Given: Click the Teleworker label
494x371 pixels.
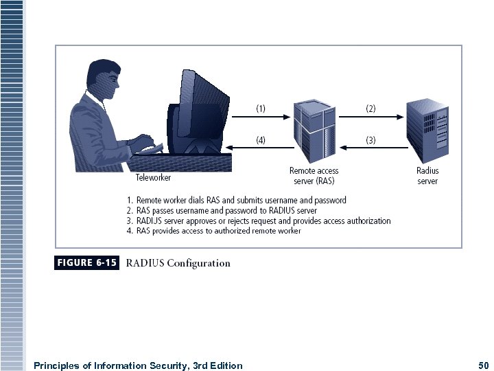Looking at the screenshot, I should click(153, 177).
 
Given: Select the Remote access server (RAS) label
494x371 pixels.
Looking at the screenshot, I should click(314, 176).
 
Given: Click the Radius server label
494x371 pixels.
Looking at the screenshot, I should click(427, 176).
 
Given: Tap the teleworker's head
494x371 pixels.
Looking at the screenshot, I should click(102, 75).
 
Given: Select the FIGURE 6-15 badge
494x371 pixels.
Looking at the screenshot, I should click(86, 262).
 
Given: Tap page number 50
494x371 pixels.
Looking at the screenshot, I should click(483, 366).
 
